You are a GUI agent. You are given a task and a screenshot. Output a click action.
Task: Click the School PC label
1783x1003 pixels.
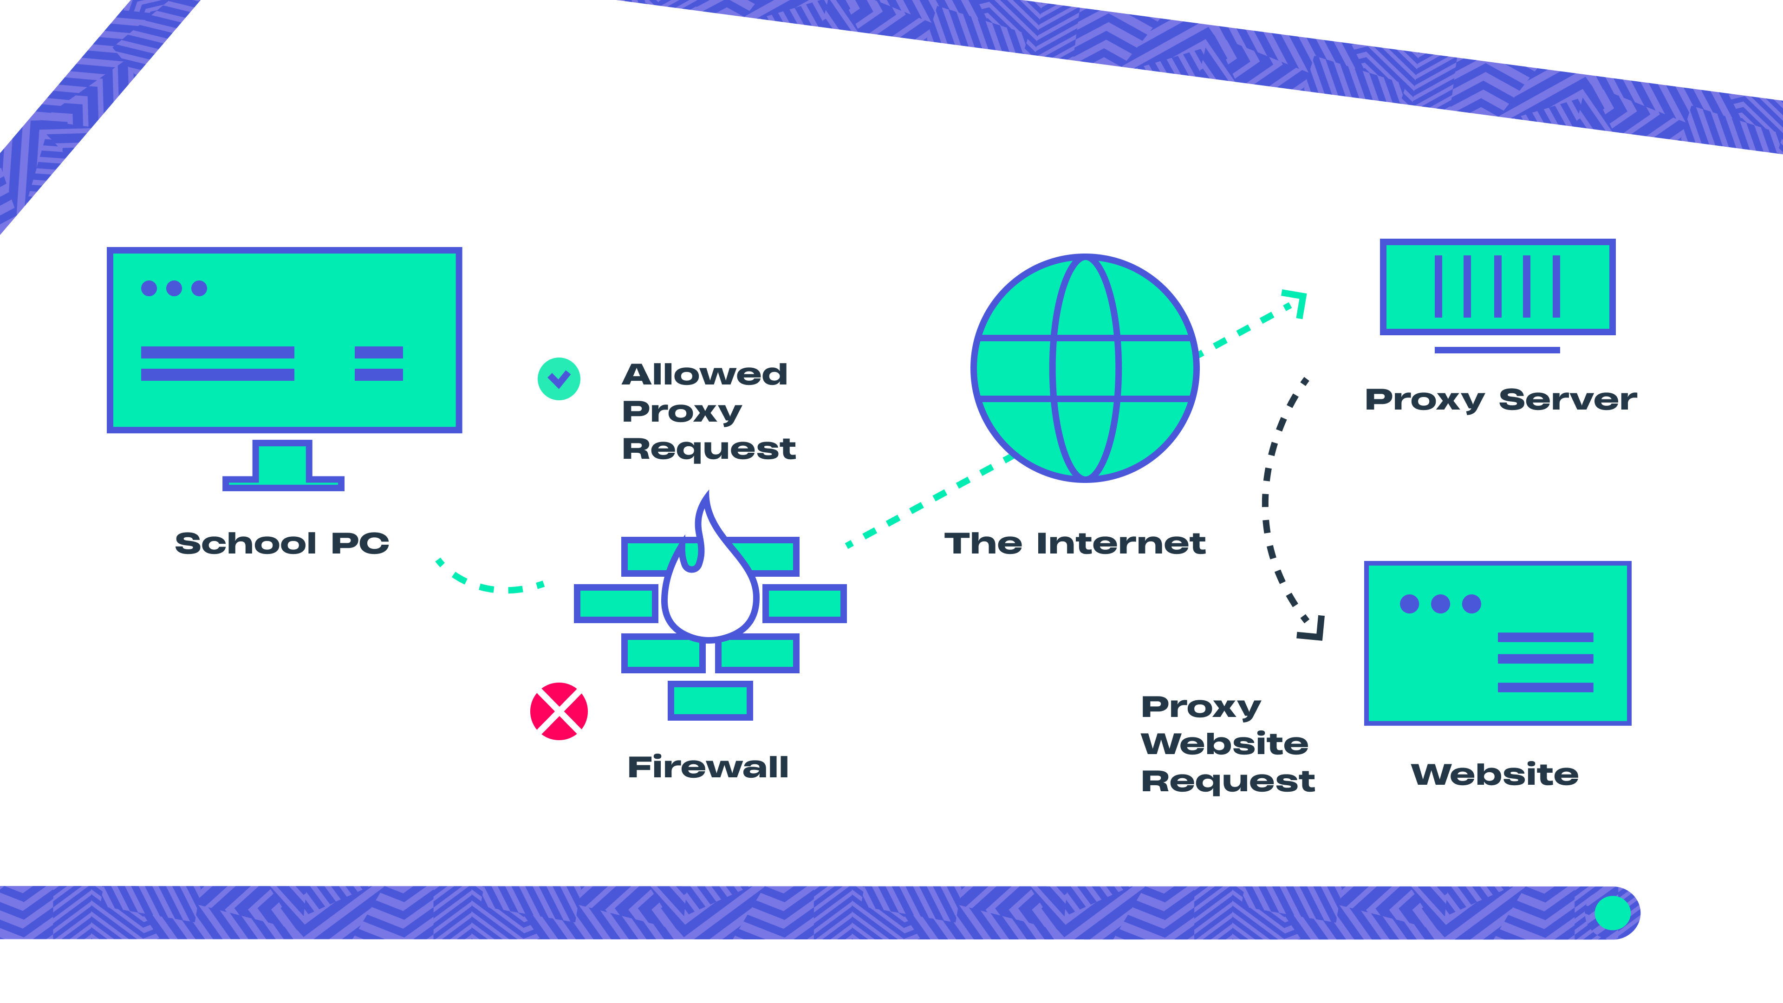tap(282, 543)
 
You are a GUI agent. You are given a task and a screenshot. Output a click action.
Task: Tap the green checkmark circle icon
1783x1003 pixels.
tap(559, 378)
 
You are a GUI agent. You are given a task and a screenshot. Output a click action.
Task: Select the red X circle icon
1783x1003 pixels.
tap(559, 711)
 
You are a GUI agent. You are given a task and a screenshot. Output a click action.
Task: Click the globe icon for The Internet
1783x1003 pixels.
tap(1085, 368)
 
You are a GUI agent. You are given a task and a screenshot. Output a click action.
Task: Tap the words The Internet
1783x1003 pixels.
tap(1075, 543)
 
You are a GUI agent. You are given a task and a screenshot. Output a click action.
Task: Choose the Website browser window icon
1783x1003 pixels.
tap(1497, 643)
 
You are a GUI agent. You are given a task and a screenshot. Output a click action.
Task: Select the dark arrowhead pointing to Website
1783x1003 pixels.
tap(1313, 629)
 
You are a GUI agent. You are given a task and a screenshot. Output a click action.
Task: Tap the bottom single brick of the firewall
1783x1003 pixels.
tap(709, 701)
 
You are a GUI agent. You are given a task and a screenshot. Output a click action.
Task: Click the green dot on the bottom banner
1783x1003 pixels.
tap(1612, 912)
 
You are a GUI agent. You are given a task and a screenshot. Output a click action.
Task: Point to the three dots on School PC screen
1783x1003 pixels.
tap(174, 288)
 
